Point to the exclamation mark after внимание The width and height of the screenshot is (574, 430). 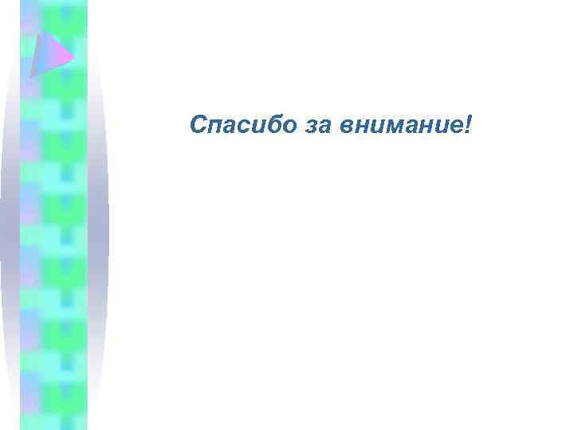tap(468, 124)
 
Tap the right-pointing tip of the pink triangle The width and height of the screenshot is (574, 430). tap(73, 57)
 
